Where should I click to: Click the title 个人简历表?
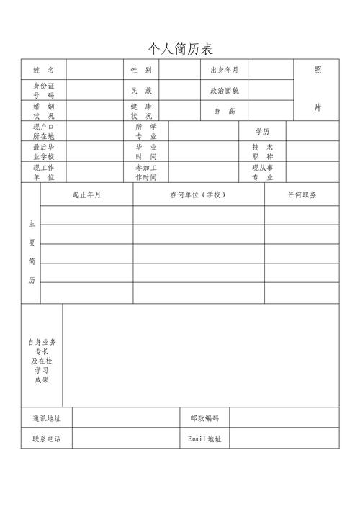(180, 49)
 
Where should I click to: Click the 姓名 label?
(43, 71)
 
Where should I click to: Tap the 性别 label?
(141, 71)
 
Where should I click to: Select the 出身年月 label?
(224, 71)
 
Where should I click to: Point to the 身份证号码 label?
(43, 90)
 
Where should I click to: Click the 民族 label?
(141, 91)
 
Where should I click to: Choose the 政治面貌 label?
(224, 91)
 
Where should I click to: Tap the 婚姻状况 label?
(43, 111)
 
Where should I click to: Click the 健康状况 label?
(141, 111)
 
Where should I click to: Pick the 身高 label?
(224, 112)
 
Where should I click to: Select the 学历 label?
(263, 132)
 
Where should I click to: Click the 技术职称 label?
(263, 152)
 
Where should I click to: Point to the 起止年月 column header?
(87, 195)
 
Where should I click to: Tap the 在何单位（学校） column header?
(198, 195)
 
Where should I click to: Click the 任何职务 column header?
(302, 195)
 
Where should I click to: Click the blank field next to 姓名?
(94, 71)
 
